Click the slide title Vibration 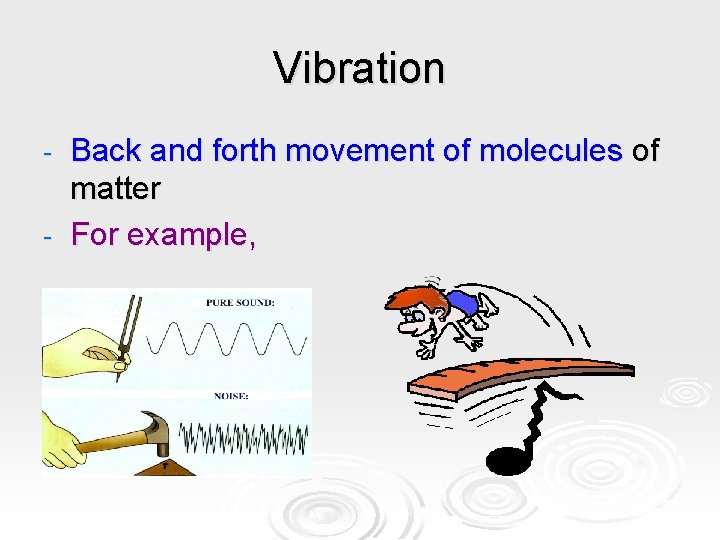coord(359,68)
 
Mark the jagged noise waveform coord(244,438)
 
